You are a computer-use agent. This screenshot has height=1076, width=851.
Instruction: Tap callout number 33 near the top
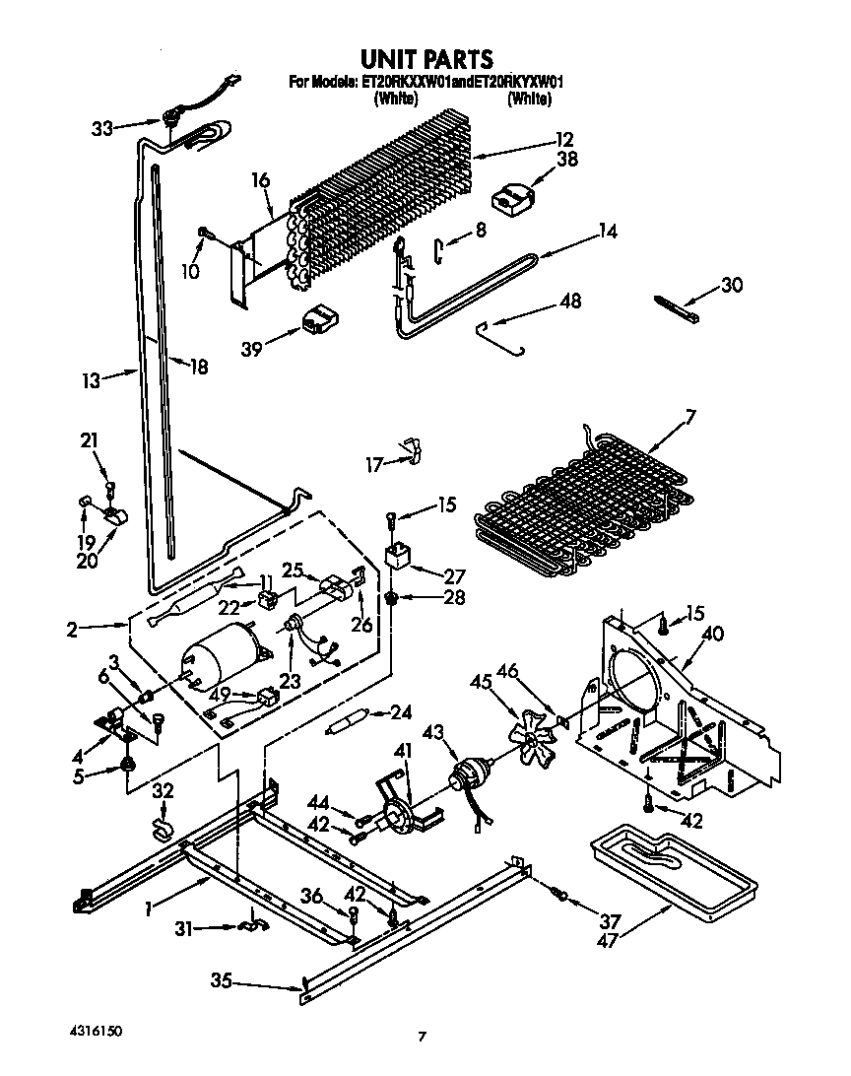pos(102,127)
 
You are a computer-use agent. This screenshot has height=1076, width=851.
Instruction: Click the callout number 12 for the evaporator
pos(563,139)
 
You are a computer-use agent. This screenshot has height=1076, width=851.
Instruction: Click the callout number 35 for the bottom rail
pos(223,979)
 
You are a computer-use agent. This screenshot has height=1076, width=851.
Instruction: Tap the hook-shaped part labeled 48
pos(500,337)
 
